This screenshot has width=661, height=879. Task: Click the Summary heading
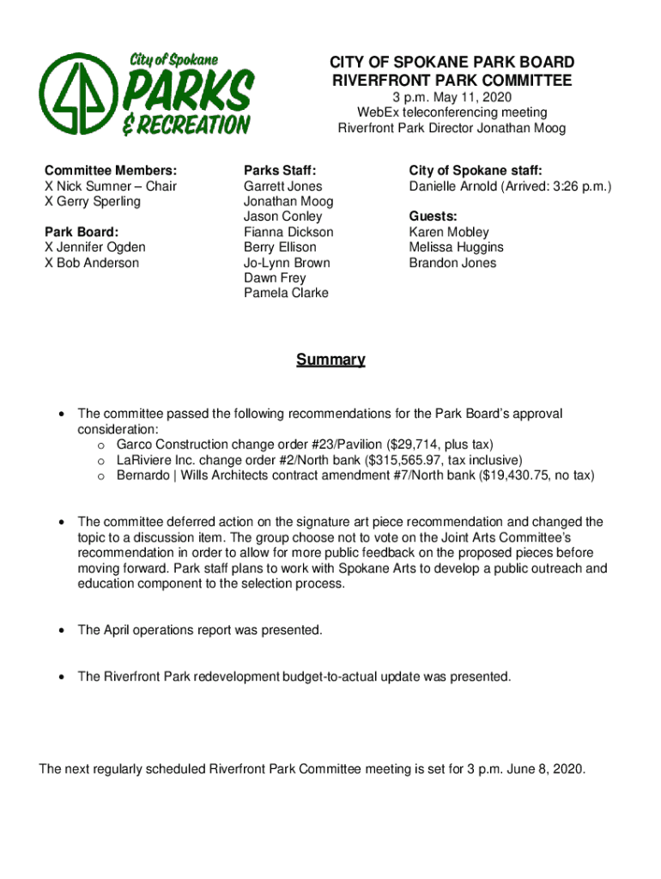click(330, 360)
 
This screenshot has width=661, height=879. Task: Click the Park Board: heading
click(81, 232)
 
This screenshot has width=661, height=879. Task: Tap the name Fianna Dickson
click(288, 232)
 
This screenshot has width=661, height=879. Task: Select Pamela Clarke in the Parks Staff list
click(286, 294)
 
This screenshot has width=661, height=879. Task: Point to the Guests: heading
click(433, 216)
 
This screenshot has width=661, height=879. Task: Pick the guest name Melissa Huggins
click(456, 247)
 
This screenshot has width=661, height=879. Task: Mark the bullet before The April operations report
click(61, 630)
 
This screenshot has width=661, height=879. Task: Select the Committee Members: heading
click(111, 171)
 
